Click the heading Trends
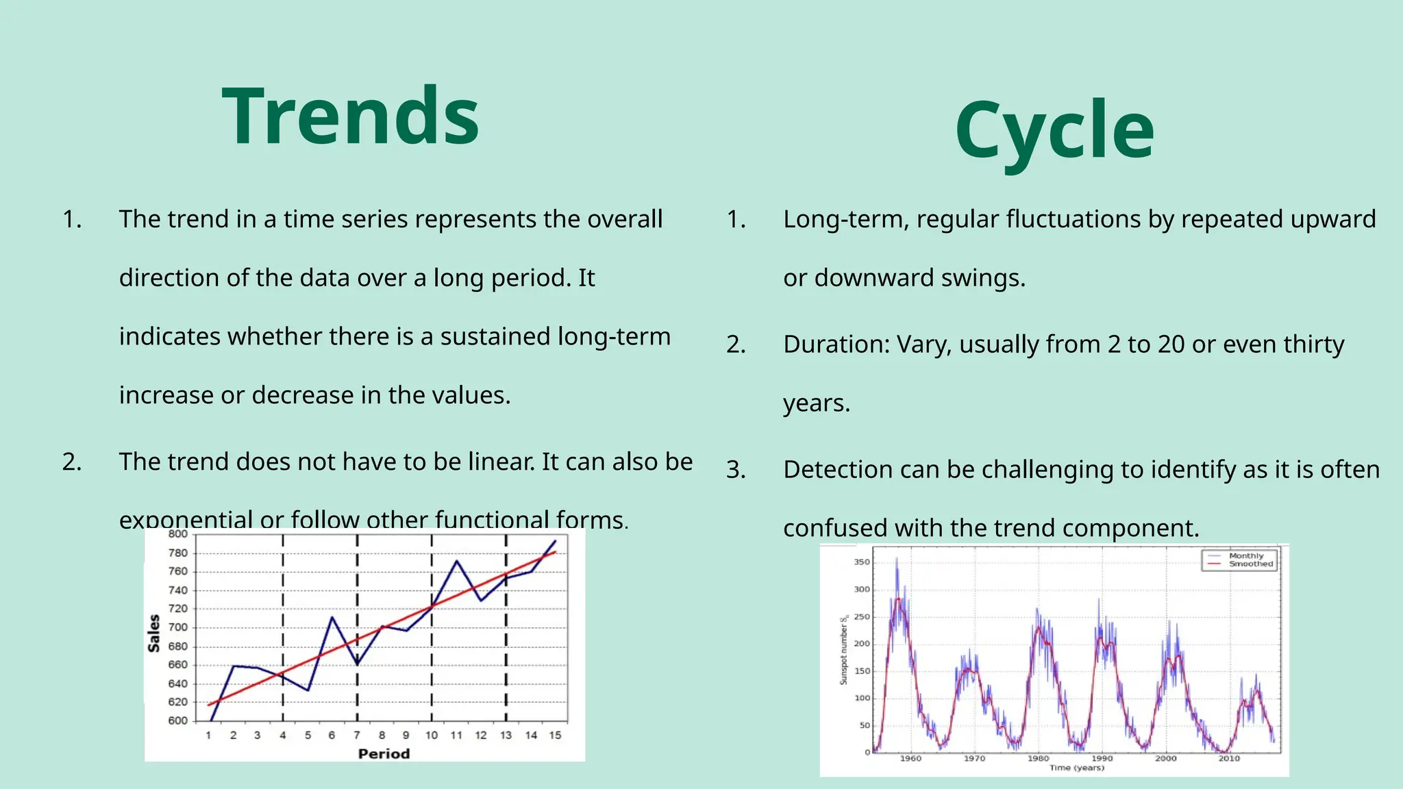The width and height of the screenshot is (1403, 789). [351, 116]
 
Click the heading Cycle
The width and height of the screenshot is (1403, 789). [1055, 130]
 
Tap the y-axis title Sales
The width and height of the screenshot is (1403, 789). [154, 633]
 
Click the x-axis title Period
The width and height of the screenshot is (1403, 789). [384, 753]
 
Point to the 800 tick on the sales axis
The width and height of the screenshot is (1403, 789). [177, 534]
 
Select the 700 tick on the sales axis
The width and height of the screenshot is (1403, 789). [177, 627]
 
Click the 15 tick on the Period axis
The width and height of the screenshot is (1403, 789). [555, 735]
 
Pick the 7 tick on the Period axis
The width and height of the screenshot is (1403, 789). [357, 735]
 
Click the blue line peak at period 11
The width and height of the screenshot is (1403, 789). [457, 561]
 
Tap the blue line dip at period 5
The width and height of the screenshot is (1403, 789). [308, 690]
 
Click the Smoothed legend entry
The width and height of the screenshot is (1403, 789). [1250, 564]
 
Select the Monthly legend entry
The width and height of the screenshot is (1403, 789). [1246, 556]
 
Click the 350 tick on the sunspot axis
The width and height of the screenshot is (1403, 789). [861, 562]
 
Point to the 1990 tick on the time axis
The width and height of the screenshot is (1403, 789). [1102, 758]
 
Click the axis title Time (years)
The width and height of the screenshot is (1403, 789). [1077, 768]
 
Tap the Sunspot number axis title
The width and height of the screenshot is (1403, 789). [844, 651]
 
